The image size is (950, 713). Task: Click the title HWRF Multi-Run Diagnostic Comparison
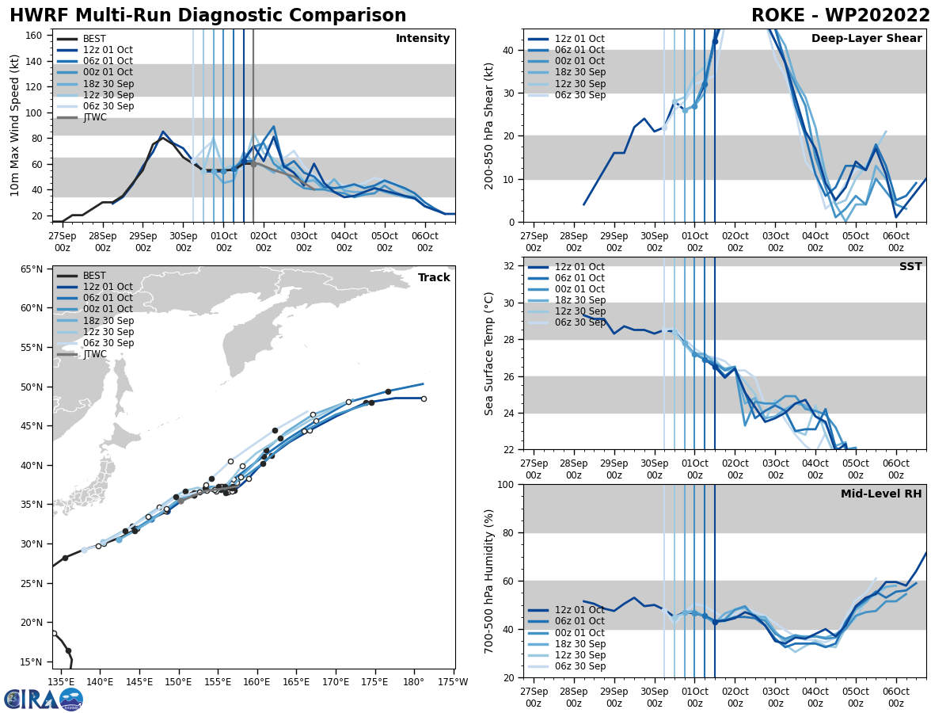pyautogui.click(x=207, y=16)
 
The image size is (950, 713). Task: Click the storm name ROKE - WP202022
pyautogui.click(x=841, y=16)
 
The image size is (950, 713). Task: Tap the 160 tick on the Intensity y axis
pyautogui.click(x=36, y=35)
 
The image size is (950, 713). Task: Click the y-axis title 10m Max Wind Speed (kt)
pyautogui.click(x=14, y=125)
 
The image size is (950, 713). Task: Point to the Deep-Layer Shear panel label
pyautogui.click(x=866, y=39)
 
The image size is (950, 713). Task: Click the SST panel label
pyautogui.click(x=910, y=267)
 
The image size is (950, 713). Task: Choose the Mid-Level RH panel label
pyautogui.click(x=880, y=494)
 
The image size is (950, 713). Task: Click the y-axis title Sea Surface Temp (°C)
pyautogui.click(x=489, y=353)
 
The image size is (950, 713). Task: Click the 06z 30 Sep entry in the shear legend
pyautogui.click(x=579, y=95)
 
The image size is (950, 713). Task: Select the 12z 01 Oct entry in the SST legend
pyautogui.click(x=579, y=267)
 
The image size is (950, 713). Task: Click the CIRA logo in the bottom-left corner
pyautogui.click(x=44, y=700)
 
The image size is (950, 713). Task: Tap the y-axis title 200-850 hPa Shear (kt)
pyautogui.click(x=489, y=125)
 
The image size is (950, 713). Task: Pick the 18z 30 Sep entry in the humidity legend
pyautogui.click(x=579, y=644)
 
